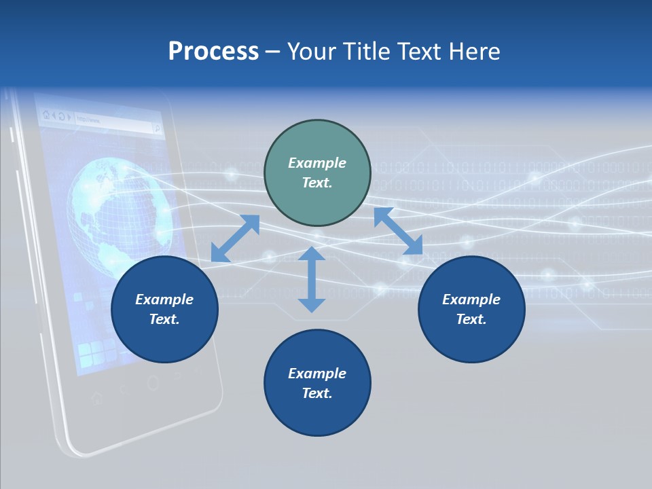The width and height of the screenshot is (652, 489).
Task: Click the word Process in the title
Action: pos(213,52)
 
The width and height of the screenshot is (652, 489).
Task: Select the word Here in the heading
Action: pos(475,52)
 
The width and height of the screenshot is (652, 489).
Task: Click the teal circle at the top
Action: pos(317,173)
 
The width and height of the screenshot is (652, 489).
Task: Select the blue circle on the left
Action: pos(164,309)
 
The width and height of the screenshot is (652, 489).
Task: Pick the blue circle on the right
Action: pos(471,309)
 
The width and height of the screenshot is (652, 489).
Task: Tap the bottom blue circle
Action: pos(317,383)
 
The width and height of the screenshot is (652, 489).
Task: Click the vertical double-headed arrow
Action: pos(312,279)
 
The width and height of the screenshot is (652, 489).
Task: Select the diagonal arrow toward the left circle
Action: pos(235,238)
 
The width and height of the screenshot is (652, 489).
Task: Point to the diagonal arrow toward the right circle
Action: pos(398,231)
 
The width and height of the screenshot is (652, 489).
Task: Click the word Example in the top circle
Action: pos(317,163)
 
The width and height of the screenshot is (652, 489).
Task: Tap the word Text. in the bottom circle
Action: pos(317,393)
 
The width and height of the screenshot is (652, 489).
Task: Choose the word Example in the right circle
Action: pos(471,300)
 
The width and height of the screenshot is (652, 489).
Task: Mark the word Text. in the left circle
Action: pos(164,319)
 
